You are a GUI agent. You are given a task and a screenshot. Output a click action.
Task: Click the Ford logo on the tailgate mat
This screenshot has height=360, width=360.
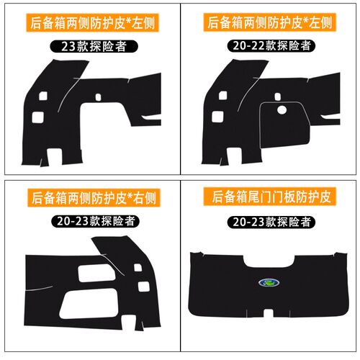click(269, 283)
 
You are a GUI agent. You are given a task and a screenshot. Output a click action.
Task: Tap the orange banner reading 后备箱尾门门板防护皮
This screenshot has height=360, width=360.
click(270, 197)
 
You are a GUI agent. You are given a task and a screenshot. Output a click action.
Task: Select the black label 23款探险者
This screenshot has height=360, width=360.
click(94, 46)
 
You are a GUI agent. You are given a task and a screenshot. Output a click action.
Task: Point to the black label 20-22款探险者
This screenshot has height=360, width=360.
click(271, 45)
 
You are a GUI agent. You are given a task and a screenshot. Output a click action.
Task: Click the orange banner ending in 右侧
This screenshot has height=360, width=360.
click(94, 198)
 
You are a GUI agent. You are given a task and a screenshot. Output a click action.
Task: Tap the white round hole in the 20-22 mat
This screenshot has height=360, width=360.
click(282, 110)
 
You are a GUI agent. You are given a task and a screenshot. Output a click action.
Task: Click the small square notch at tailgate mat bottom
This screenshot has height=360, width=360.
click(269, 312)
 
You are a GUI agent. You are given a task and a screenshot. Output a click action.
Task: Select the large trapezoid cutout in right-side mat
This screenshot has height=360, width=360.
click(89, 304)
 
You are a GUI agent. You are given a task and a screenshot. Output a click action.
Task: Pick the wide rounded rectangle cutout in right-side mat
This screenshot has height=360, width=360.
click(96, 273)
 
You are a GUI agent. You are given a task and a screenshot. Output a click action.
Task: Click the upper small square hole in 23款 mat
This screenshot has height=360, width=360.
click(43, 96)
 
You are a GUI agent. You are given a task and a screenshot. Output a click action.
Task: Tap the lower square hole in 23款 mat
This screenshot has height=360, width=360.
click(38, 117)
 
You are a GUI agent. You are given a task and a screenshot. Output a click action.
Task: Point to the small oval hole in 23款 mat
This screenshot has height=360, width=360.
click(98, 97)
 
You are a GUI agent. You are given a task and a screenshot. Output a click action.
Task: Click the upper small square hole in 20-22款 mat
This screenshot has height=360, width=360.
click(223, 96)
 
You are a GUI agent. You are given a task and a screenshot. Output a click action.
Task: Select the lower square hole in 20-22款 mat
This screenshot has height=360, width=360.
click(217, 117)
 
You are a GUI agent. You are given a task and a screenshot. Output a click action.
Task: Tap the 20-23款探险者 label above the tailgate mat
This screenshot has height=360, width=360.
click(271, 222)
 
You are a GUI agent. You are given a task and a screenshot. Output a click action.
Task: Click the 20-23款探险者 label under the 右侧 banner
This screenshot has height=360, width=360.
click(95, 221)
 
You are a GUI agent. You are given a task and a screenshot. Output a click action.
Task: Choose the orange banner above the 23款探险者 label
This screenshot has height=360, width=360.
click(93, 22)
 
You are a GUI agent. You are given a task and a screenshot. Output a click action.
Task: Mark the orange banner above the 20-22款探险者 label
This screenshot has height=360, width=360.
click(270, 22)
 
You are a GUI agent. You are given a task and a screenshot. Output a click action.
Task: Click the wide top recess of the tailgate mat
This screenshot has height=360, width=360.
click(269, 261)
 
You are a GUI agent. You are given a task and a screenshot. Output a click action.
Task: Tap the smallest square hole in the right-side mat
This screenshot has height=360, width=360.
click(138, 267)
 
